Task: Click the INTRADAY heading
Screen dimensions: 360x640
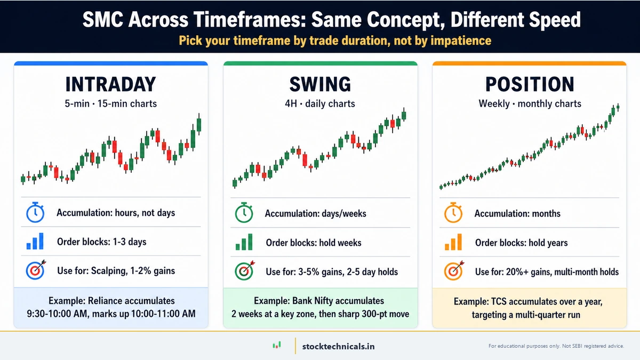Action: point(110,84)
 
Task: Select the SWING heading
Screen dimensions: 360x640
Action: point(320,84)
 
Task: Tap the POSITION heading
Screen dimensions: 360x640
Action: point(530,84)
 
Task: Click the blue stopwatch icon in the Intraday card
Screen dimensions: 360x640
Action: point(35,213)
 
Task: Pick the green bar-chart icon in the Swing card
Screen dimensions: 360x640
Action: point(244,243)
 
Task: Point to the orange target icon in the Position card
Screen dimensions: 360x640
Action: point(453,271)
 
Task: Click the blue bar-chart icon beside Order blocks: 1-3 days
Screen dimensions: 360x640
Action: point(35,242)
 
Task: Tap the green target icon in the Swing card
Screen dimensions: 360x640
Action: point(244,271)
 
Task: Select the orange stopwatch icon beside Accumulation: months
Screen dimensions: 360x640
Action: point(453,213)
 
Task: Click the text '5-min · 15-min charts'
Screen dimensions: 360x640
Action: point(110,103)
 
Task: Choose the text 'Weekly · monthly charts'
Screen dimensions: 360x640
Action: point(530,103)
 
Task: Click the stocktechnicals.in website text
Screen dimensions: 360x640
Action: point(338,346)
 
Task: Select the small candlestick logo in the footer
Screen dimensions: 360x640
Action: point(276,346)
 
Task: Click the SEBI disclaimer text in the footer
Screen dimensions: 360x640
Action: point(556,346)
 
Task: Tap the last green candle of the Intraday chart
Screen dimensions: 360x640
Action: point(199,124)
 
